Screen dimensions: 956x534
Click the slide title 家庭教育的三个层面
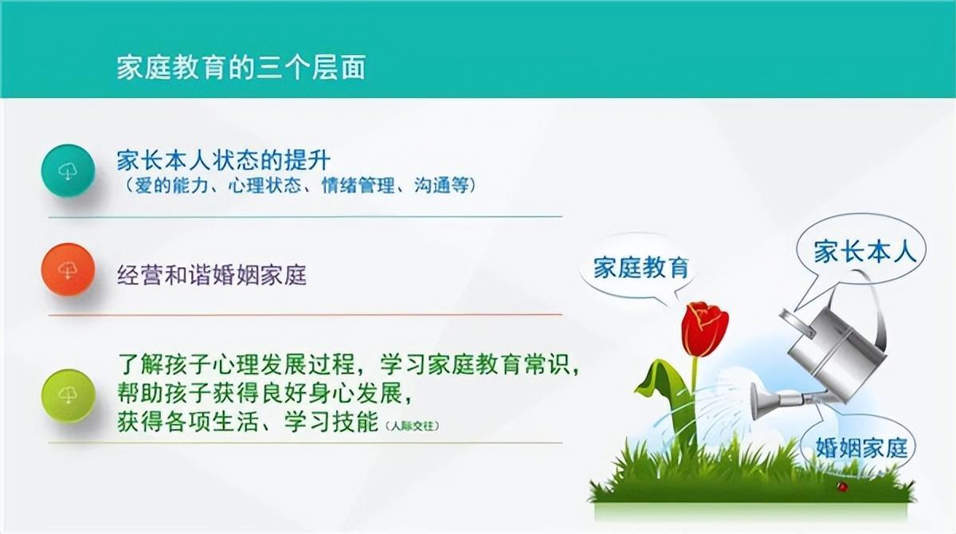(241, 68)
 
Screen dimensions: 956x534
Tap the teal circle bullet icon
(68, 171)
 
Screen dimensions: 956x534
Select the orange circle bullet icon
(68, 269)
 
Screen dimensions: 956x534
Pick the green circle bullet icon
(68, 395)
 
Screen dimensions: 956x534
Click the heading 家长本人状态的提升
(224, 160)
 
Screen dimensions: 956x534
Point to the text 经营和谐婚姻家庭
(212, 275)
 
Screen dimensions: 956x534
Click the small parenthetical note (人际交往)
(412, 426)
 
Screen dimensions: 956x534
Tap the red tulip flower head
(704, 328)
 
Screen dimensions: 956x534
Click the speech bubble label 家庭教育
(641, 268)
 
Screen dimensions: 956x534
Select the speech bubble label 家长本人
(865, 252)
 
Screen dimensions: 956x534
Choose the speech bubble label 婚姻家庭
(862, 447)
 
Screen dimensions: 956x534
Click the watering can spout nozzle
(762, 401)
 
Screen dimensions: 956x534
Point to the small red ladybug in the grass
(842, 486)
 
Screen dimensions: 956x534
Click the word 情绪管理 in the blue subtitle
(358, 185)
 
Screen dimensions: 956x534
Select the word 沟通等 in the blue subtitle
(441, 185)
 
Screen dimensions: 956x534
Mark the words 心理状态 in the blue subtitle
(264, 185)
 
